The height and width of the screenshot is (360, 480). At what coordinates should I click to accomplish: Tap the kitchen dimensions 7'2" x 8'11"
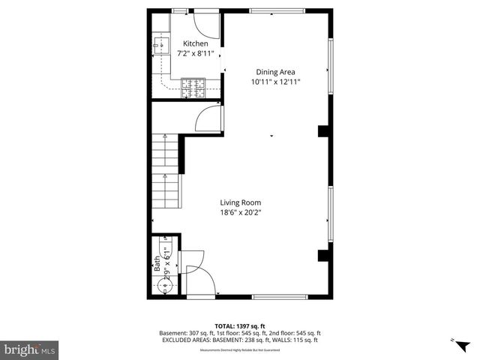pyautogui.click(x=196, y=53)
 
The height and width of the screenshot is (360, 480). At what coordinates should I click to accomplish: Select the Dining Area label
pyautogui.click(x=276, y=72)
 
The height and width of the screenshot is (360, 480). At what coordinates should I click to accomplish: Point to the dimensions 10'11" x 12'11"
pyautogui.click(x=276, y=82)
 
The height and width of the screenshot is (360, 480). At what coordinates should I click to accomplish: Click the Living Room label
pyautogui.click(x=240, y=202)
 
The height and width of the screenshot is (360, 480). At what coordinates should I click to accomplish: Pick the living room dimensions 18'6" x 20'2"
pyautogui.click(x=240, y=212)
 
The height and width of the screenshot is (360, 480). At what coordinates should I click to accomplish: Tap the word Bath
pyautogui.click(x=157, y=262)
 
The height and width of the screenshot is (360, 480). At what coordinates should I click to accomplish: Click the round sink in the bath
pyautogui.click(x=163, y=284)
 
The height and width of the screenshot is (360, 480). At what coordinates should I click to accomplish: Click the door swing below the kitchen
pyautogui.click(x=211, y=120)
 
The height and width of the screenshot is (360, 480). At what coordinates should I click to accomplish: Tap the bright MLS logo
pyautogui.click(x=30, y=349)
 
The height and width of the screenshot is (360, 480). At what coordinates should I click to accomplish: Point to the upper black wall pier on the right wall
pyautogui.click(x=323, y=131)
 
